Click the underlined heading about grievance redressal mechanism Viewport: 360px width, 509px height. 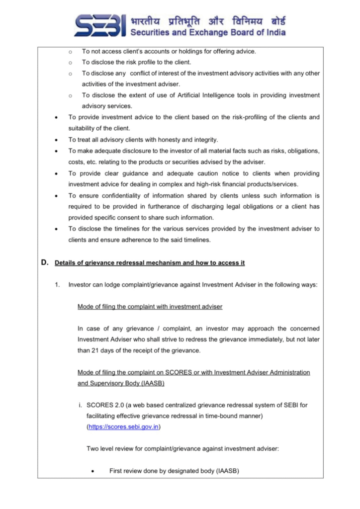tap(149, 263)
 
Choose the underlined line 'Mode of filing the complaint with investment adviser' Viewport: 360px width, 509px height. tap(150, 307)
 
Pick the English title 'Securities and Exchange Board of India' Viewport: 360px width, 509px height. tap(208, 32)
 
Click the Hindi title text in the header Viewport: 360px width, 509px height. tap(208, 21)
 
